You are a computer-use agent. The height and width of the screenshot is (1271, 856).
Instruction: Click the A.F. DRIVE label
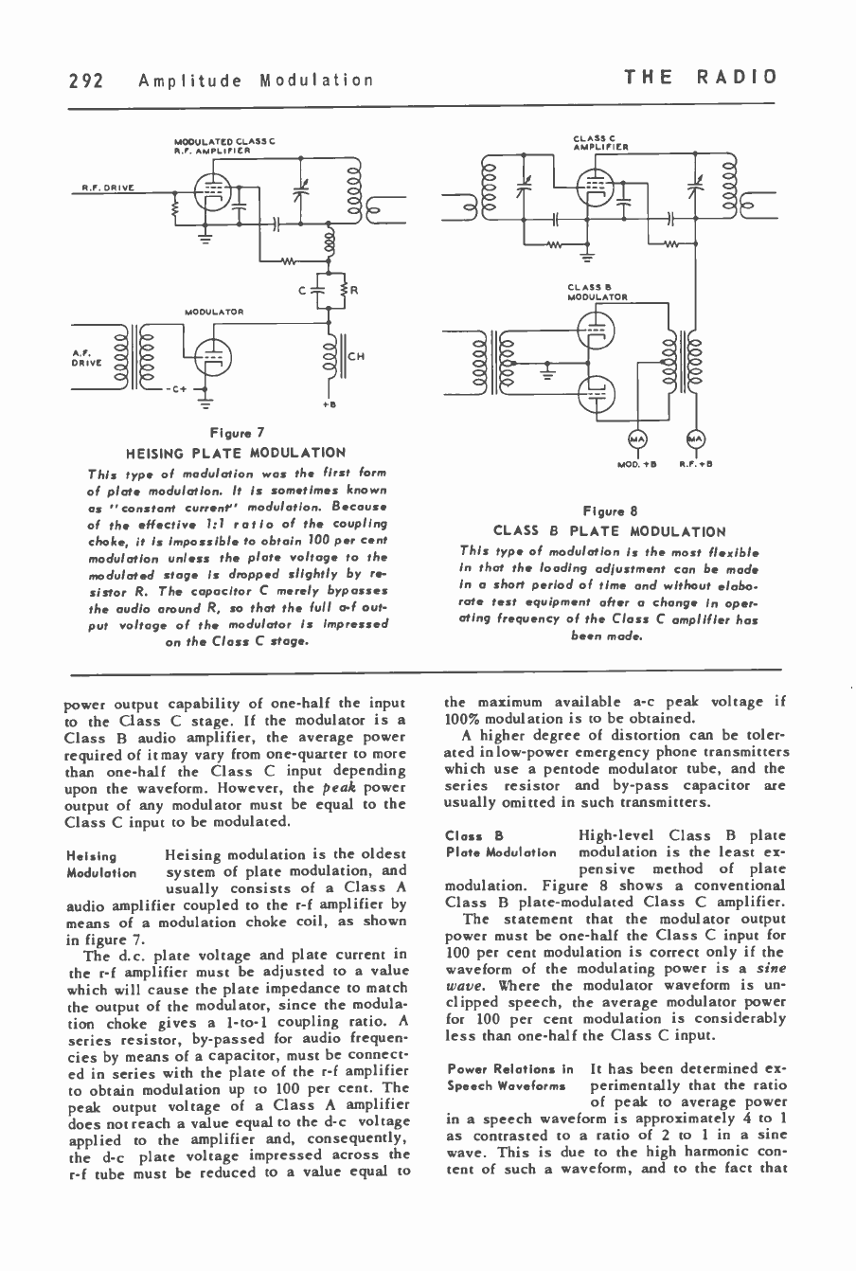pos(82,356)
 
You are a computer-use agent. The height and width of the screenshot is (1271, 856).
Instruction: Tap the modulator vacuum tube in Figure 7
pos(217,353)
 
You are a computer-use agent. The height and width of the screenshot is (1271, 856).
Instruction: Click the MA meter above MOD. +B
pos(635,438)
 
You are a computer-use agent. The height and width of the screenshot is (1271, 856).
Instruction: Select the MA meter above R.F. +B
pos(695,438)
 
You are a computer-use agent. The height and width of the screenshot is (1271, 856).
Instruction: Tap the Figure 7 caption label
pos(235,433)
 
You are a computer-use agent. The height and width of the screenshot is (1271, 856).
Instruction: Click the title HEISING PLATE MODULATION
pos(236,453)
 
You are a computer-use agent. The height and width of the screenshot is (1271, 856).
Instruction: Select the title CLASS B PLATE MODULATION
pos(609,531)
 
